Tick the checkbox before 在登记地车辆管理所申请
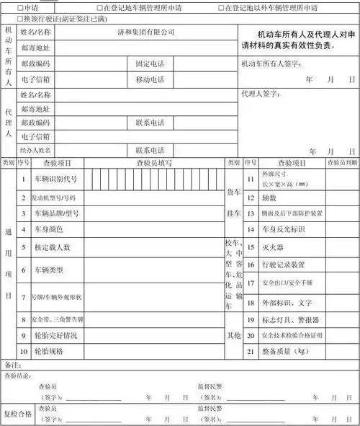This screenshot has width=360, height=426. pos(99,7)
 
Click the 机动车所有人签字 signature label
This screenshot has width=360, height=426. pos(270,63)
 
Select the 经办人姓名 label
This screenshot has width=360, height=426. pos(35,150)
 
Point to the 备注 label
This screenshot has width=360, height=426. pos(11,364)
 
